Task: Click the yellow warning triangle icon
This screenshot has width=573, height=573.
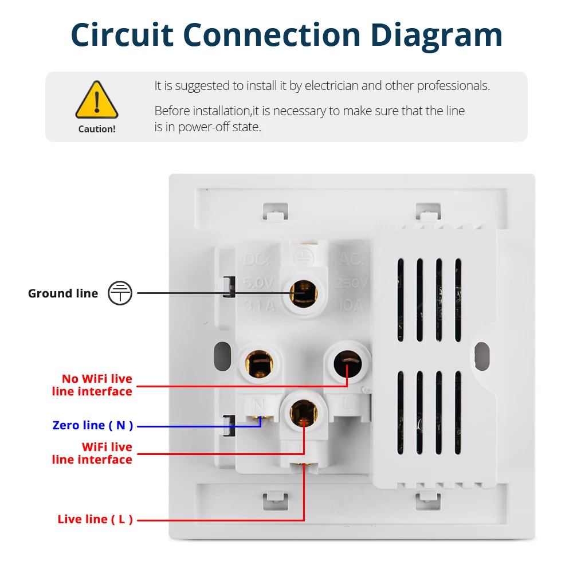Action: pyautogui.click(x=97, y=100)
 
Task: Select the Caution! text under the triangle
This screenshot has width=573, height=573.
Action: pyautogui.click(x=97, y=129)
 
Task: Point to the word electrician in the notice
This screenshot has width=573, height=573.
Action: pyautogui.click(x=331, y=86)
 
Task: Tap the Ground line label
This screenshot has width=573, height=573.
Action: pyautogui.click(x=63, y=293)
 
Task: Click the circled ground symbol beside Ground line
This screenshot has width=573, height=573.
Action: pyautogui.click(x=120, y=293)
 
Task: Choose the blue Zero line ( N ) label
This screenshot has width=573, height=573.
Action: pyautogui.click(x=93, y=425)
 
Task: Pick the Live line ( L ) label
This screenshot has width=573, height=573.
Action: pyautogui.click(x=95, y=519)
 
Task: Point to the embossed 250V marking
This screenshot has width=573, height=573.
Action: pyautogui.click(x=351, y=283)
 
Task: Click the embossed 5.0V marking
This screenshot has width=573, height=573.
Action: pyautogui.click(x=258, y=283)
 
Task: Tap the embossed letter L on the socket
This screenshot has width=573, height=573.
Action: pyautogui.click(x=347, y=403)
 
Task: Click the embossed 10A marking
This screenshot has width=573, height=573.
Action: pyautogui.click(x=351, y=305)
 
